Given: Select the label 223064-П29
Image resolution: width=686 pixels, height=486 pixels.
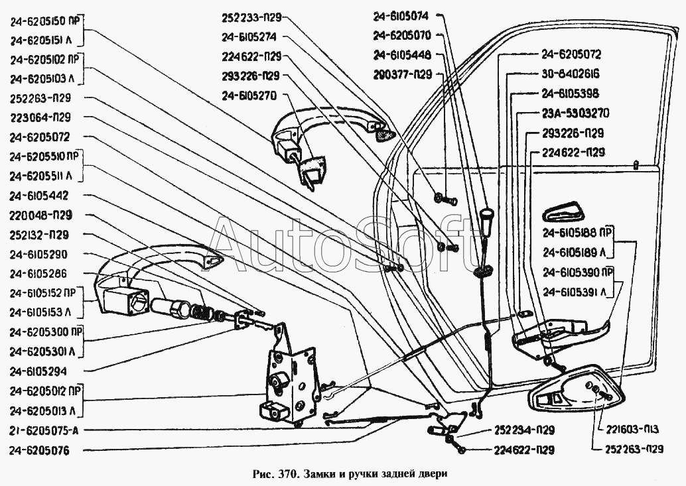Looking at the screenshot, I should point(40,118).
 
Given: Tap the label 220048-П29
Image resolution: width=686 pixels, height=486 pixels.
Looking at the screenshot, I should point(40,215).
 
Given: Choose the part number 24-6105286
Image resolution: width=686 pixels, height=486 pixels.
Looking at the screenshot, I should point(38,273).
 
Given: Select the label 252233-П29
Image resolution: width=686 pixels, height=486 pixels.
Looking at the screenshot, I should point(252,18).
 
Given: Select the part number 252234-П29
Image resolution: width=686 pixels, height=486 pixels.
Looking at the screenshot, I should point(524,430).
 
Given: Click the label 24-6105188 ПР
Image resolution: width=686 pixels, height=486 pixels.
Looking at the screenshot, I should point(576,233).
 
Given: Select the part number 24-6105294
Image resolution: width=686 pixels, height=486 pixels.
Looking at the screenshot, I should point(38,370).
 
